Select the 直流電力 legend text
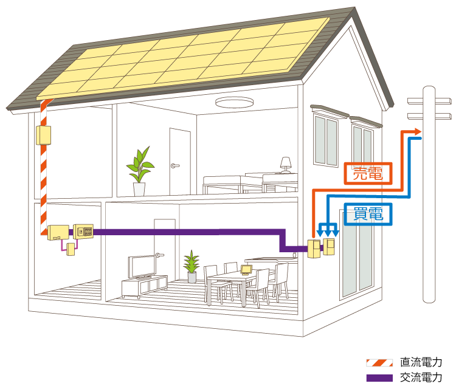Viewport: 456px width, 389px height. [x=421, y=362]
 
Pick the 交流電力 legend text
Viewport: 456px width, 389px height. [x=421, y=377]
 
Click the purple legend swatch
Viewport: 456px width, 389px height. [x=379, y=378]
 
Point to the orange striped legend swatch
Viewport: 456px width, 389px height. [x=379, y=363]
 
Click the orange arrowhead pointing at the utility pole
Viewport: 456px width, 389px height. [x=418, y=131]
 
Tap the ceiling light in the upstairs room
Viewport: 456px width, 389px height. [x=235, y=102]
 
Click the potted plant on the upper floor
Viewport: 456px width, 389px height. [x=140, y=171]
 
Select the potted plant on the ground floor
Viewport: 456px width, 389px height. [x=192, y=266]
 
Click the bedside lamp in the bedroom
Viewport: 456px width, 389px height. [x=286, y=165]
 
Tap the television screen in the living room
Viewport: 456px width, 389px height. [x=142, y=266]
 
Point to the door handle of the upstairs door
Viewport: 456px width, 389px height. [x=175, y=166]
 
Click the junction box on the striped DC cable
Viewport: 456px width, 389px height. [x=43, y=135]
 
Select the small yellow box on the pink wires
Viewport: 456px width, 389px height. [x=71, y=249]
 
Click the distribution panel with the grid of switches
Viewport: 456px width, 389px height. [x=83, y=232]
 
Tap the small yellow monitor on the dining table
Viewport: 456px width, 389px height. [x=246, y=270]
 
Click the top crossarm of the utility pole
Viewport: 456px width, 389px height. [x=429, y=101]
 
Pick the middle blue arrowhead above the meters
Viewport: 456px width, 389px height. [x=328, y=233]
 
